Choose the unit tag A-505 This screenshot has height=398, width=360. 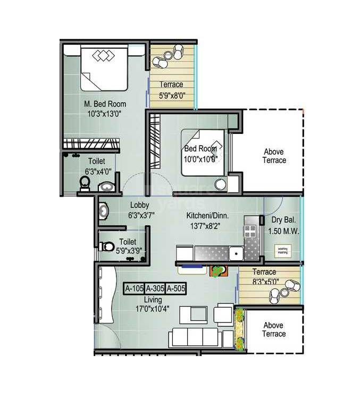pyautogui.click(x=175, y=289)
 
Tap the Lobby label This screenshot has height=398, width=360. pyautogui.click(x=139, y=205)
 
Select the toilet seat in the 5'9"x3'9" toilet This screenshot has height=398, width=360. pyautogui.click(x=107, y=247)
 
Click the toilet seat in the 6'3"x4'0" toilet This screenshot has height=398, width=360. pyautogui.click(x=85, y=183)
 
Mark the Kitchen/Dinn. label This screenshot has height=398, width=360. pyautogui.click(x=207, y=216)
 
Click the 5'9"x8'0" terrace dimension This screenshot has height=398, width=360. pyautogui.click(x=171, y=97)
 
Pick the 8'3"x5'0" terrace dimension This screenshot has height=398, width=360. pyautogui.click(x=264, y=282)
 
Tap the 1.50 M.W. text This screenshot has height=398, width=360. pyautogui.click(x=283, y=232)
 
